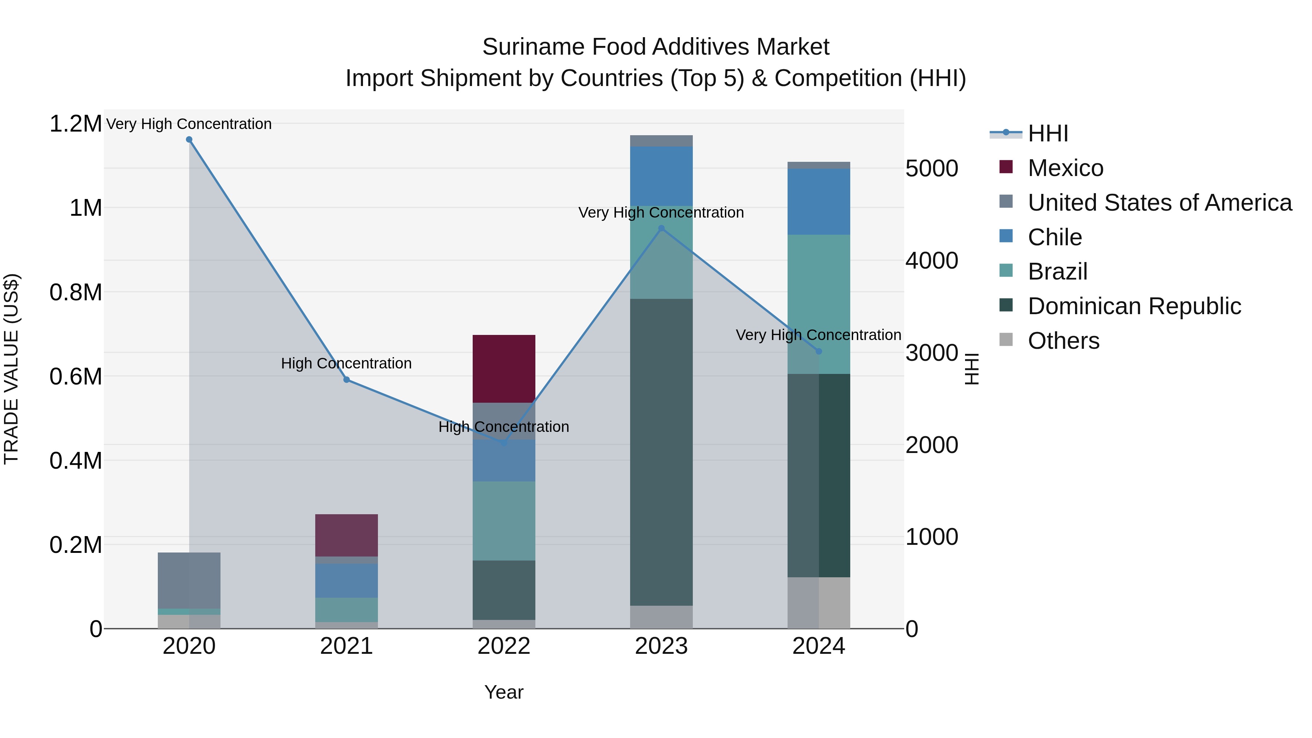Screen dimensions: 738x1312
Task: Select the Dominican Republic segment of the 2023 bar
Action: (661, 452)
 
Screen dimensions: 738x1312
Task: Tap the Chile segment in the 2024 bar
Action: (819, 201)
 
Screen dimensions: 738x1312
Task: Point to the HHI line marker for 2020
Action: (189, 140)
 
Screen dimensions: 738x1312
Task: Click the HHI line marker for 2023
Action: (661, 229)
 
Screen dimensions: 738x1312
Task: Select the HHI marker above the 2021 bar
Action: (346, 379)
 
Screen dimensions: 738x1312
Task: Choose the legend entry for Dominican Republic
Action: (1134, 306)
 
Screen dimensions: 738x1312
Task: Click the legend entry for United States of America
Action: (1159, 203)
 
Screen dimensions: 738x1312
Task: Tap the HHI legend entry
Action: (1047, 133)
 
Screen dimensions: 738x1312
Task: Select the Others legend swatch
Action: (1006, 340)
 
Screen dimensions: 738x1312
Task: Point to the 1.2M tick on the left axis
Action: (75, 124)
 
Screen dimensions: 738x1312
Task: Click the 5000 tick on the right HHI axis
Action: (931, 169)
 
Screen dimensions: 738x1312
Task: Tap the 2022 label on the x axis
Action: (504, 646)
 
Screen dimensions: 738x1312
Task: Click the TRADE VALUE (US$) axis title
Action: (11, 369)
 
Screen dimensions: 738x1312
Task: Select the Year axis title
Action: (504, 692)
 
